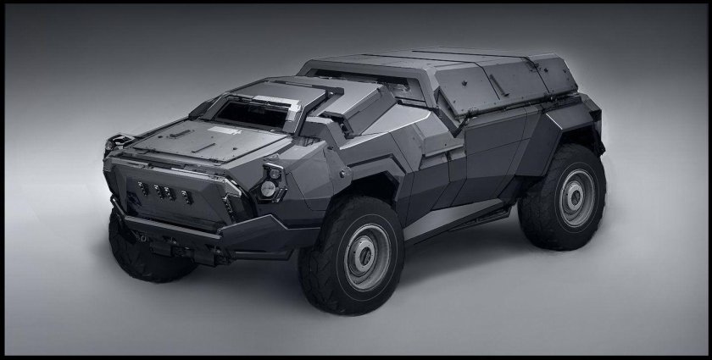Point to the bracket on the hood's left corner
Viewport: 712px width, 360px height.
(x=124, y=141)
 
